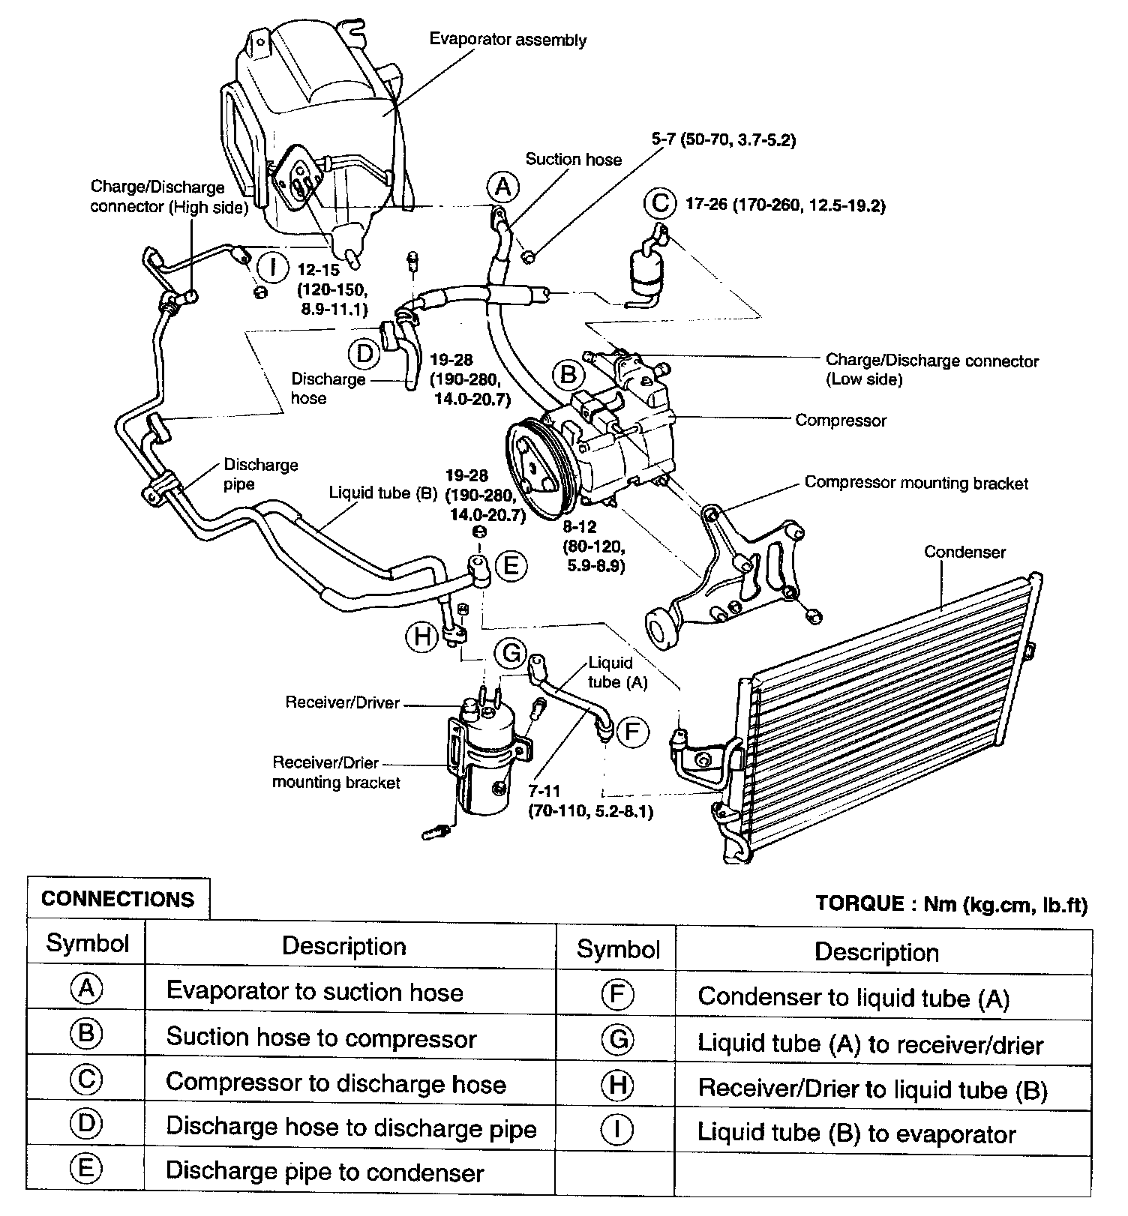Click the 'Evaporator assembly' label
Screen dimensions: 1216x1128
click(508, 40)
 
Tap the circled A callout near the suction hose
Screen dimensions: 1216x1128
click(502, 186)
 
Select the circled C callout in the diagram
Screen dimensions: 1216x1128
click(660, 204)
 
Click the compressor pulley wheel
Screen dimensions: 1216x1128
click(538, 471)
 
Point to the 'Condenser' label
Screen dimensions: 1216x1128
click(964, 553)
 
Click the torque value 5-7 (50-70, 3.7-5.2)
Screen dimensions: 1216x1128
click(723, 139)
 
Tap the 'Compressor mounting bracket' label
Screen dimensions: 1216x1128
click(916, 483)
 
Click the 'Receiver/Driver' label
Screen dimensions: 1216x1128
click(343, 702)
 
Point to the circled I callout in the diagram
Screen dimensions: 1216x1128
click(275, 267)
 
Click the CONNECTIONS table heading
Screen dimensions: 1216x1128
click(118, 899)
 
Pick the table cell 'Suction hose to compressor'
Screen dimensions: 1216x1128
click(321, 1038)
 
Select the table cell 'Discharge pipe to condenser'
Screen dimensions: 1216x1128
click(325, 1172)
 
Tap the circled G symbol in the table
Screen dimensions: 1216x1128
click(617, 1039)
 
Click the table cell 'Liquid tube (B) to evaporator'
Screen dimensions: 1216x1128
click(856, 1134)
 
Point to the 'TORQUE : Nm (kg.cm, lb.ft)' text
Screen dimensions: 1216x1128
click(951, 904)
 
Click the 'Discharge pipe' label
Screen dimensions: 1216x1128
click(260, 474)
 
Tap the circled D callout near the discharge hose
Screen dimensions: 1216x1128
click(364, 353)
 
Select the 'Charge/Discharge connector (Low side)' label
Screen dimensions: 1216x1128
click(931, 370)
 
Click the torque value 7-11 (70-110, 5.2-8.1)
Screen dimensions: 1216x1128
click(590, 801)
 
